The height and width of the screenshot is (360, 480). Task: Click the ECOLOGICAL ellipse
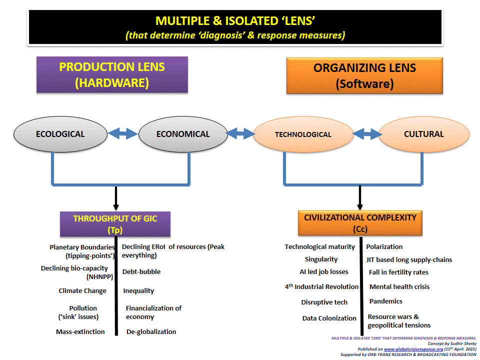(x=60, y=134)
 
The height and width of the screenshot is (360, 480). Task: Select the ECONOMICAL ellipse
(x=183, y=134)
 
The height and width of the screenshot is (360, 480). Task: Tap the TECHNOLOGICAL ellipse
(x=303, y=134)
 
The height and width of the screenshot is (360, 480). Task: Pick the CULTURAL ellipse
(x=423, y=134)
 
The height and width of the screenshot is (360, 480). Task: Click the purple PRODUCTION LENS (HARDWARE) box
(x=112, y=74)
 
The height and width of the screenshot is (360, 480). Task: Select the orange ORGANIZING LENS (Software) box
(x=364, y=75)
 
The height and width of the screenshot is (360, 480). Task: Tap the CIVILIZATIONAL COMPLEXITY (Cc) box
(x=360, y=223)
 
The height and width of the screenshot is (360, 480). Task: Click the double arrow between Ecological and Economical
(x=122, y=133)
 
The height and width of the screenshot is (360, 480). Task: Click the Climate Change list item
(x=82, y=291)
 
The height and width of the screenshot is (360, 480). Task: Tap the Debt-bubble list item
(x=142, y=272)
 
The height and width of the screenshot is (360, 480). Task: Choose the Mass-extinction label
(x=80, y=331)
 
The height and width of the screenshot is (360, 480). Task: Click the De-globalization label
(x=151, y=331)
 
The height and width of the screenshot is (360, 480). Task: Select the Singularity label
(x=321, y=259)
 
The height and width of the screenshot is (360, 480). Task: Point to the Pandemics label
(x=385, y=301)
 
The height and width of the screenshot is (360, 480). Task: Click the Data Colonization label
(x=329, y=318)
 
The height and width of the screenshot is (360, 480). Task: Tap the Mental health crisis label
(x=399, y=287)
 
